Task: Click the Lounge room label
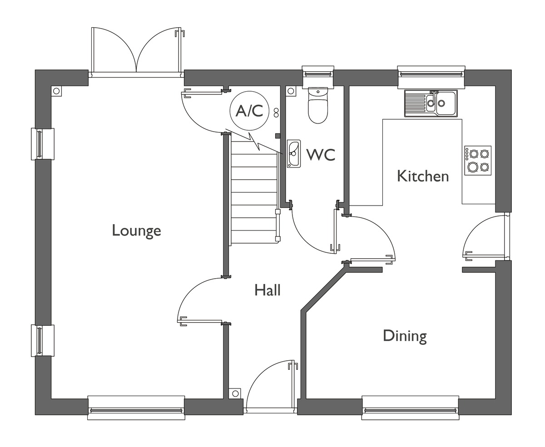click(136, 231)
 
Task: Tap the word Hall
click(267, 290)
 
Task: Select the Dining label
click(405, 337)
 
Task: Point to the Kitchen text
click(423, 176)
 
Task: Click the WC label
click(321, 154)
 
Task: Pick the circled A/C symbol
click(249, 111)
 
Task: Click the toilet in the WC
click(318, 105)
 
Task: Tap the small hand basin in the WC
click(294, 154)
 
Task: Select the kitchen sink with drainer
click(431, 103)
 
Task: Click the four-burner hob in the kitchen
click(478, 161)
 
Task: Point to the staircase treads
click(254, 192)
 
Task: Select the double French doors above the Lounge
click(136, 52)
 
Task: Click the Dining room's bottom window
click(410, 408)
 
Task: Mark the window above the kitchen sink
click(431, 76)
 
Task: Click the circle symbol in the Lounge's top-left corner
click(56, 91)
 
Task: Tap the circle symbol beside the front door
click(235, 393)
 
